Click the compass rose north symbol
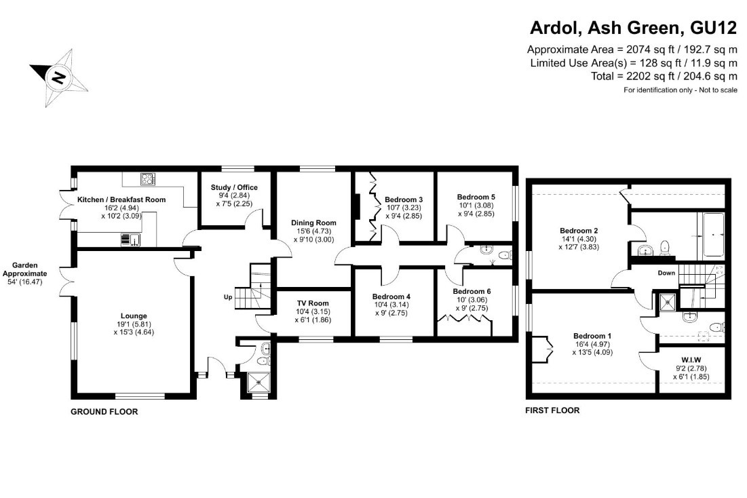point(59,77)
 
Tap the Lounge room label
point(134,316)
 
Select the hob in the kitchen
point(148,179)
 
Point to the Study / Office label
point(234,187)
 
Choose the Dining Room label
point(313,223)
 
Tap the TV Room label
point(313,303)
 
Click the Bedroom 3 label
point(404,199)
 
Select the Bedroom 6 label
point(472,291)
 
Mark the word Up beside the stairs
point(228,297)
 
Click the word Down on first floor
point(666,273)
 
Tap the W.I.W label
point(691,360)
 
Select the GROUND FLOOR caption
point(104,412)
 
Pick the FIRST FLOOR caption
point(553,410)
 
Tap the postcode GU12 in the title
point(714,27)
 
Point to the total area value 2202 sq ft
point(647,76)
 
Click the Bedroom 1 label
point(592,336)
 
